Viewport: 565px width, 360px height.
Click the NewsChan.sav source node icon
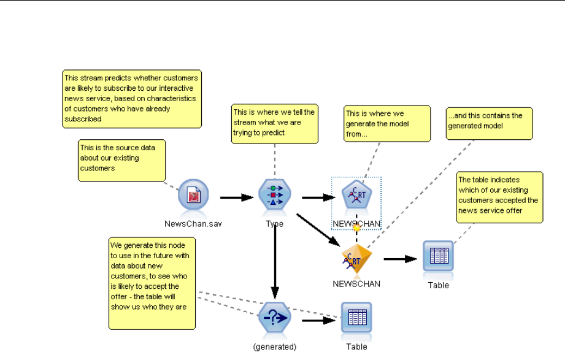pos(193,197)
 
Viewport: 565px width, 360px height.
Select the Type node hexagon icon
pos(274,195)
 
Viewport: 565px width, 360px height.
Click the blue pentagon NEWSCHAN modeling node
pos(356,196)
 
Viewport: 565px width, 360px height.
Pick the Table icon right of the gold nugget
pos(438,257)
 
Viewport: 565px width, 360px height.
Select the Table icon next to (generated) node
pos(356,318)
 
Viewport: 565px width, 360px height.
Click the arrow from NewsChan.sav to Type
pos(237,197)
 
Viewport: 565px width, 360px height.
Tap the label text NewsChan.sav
pos(193,224)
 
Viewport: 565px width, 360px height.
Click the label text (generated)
pos(275,347)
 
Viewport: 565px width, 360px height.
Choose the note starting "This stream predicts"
pos(133,99)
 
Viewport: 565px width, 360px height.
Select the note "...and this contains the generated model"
pos(490,123)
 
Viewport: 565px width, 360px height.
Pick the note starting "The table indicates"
pos(500,197)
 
